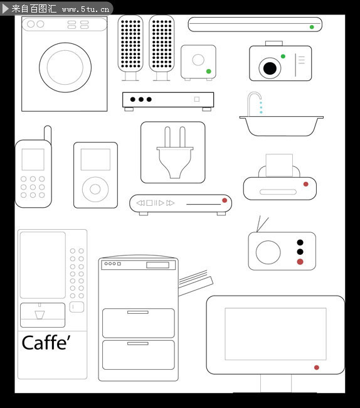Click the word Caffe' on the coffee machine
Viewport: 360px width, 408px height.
(46, 343)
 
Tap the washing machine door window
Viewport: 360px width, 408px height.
(65, 67)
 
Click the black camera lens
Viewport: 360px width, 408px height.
(270, 68)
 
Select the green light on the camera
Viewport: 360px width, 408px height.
(283, 56)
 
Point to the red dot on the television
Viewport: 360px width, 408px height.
(316, 367)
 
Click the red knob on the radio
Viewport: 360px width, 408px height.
(300, 262)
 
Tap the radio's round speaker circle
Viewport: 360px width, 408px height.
(268, 252)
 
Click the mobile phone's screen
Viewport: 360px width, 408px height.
(33, 159)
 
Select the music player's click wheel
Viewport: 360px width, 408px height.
(95, 190)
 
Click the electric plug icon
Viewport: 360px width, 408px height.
(175, 153)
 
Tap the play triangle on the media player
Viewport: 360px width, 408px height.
(161, 203)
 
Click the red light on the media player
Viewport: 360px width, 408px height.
(225, 200)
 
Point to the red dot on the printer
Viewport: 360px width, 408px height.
(306, 184)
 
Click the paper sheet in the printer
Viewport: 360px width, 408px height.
(279, 165)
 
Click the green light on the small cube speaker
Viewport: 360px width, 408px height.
(208, 72)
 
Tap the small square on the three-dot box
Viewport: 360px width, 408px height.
(197, 99)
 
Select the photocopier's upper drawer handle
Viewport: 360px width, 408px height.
(138, 312)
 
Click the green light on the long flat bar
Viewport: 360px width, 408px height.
(312, 27)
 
